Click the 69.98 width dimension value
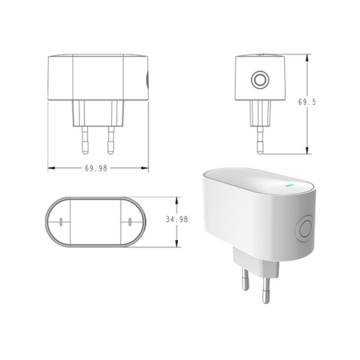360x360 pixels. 96,169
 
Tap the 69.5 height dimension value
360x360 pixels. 307,103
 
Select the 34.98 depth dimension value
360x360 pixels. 176,220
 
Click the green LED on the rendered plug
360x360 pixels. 289,184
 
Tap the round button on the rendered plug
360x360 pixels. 305,229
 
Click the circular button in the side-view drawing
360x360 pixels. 260,80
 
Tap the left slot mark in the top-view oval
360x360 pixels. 62,222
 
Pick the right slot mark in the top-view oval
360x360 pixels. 130,222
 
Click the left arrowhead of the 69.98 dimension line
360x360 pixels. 51,169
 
